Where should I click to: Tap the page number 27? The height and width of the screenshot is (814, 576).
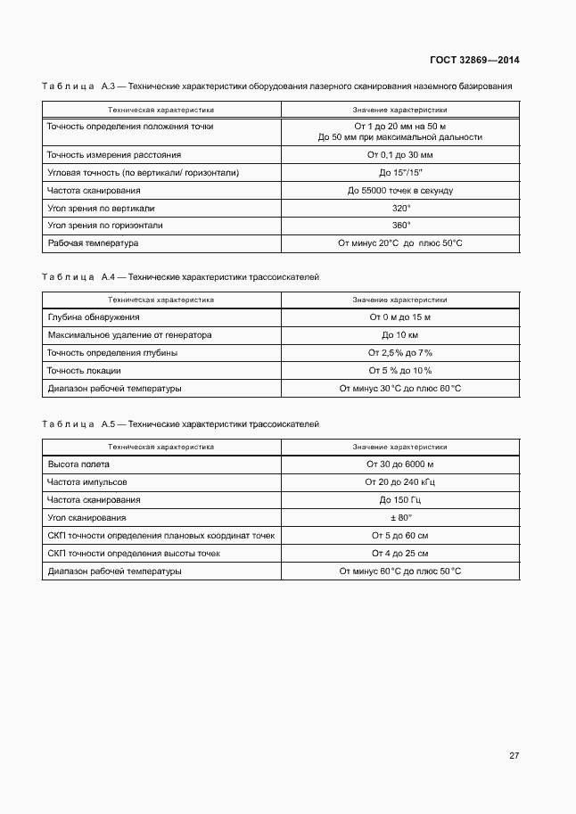pos(514,755)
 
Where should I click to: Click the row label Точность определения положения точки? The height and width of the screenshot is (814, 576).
pos(130,127)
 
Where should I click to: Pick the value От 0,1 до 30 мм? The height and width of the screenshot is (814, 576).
pos(399,155)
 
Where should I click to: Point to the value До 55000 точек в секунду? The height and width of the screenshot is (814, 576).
pos(399,191)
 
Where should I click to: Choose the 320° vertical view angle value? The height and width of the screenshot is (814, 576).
pos(400,208)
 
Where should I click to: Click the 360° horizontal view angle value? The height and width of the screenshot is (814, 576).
pos(400,226)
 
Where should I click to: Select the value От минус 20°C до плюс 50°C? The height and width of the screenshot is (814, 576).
pos(399,243)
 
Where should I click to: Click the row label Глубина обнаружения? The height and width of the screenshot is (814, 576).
pos(94,317)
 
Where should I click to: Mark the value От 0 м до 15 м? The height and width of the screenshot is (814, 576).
pos(399,317)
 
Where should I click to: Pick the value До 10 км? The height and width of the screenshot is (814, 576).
pos(399,335)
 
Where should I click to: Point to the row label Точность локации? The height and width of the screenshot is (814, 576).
pos(84,371)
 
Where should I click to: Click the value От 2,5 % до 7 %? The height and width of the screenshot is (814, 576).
pos(399,353)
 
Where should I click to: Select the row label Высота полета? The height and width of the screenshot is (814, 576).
pos(78,465)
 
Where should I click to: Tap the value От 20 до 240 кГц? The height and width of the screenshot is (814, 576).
pos(399,482)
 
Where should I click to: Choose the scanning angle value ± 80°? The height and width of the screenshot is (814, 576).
pos(399,518)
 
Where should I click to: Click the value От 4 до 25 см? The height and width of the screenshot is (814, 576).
pos(399,554)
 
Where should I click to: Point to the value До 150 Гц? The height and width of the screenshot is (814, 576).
pos(399,500)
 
